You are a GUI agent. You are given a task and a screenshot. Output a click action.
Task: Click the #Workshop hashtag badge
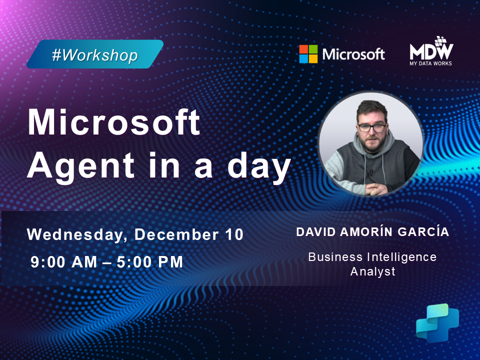pyautogui.click(x=94, y=54)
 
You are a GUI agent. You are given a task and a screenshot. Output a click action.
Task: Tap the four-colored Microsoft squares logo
pyautogui.click(x=308, y=54)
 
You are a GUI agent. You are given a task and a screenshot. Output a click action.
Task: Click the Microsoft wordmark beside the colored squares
pyautogui.click(x=353, y=54)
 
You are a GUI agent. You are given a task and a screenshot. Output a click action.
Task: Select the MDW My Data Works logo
pyautogui.click(x=431, y=51)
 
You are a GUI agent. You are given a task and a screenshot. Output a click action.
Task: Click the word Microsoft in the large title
pyautogui.click(x=114, y=123)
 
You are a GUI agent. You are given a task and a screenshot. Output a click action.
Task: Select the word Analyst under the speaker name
pyautogui.click(x=372, y=272)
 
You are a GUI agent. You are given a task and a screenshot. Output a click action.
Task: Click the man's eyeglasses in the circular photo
pyautogui.click(x=371, y=127)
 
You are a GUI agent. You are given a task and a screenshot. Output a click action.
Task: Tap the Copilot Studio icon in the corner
pyautogui.click(x=437, y=322)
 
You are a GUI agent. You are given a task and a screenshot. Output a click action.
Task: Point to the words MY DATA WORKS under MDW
pyautogui.click(x=431, y=63)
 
